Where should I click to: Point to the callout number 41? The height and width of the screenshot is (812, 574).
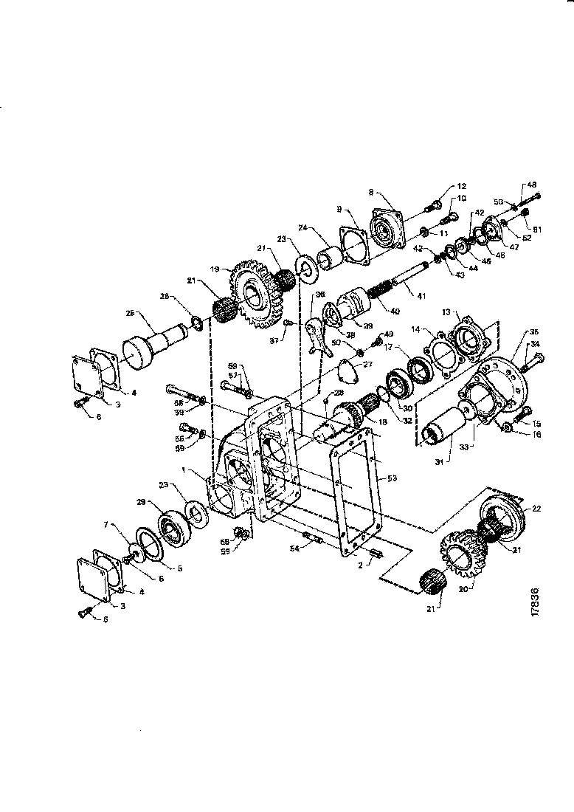click(421, 296)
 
